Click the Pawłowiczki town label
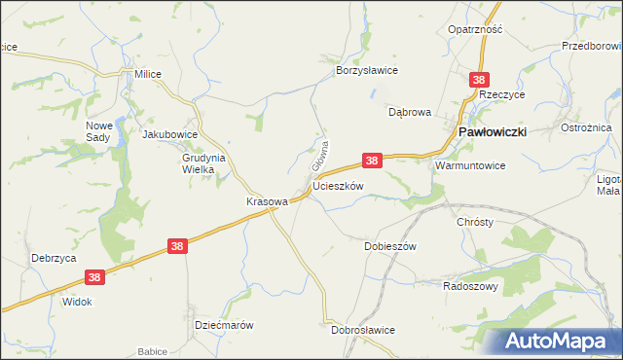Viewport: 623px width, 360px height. click(494, 131)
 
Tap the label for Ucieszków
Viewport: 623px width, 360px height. click(338, 186)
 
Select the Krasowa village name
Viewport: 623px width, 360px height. click(267, 201)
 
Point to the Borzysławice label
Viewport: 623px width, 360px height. click(368, 71)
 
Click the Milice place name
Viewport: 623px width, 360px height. click(147, 74)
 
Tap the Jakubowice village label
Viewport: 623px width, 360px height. click(170, 134)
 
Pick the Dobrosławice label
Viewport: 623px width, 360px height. click(362, 330)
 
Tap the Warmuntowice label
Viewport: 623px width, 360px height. click(470, 165)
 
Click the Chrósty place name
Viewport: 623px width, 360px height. click(475, 222)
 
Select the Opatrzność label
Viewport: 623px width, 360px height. click(475, 29)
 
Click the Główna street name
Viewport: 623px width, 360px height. click(318, 154)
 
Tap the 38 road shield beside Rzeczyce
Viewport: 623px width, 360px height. click(478, 79)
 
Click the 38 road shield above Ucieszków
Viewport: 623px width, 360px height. click(371, 160)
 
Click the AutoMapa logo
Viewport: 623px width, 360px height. click(559, 342)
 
